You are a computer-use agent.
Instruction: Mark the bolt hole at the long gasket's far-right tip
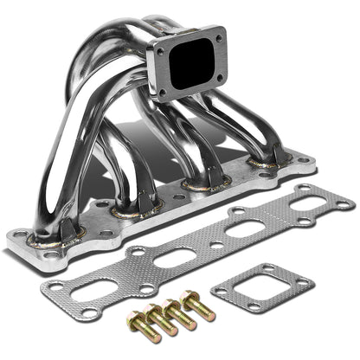(344, 204)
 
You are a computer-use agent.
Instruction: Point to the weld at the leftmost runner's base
(42, 238)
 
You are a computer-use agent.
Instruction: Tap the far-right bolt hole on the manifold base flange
(304, 159)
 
